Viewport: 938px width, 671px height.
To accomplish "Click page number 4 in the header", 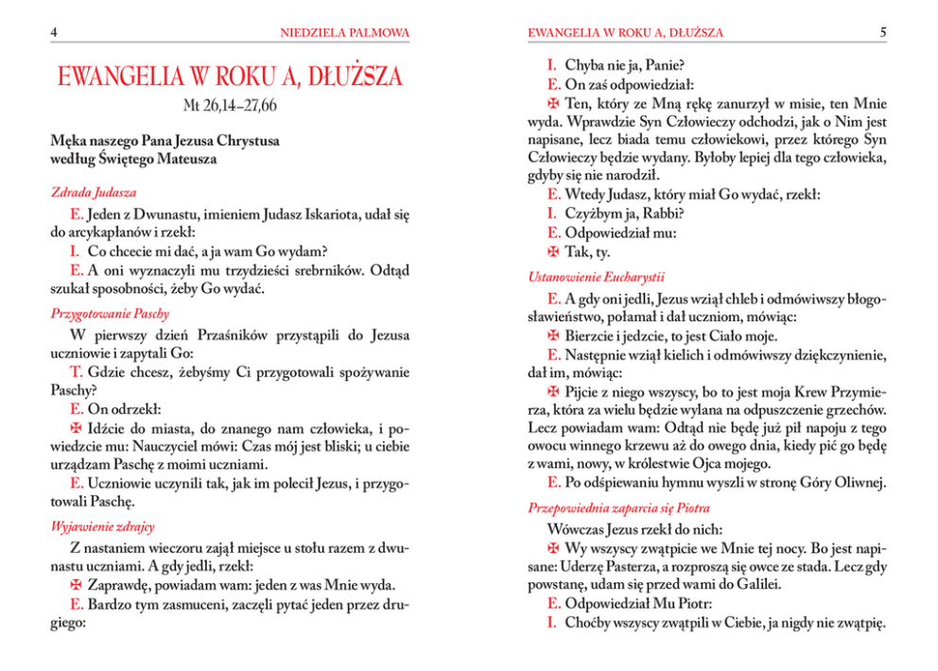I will pyautogui.click(x=56, y=33).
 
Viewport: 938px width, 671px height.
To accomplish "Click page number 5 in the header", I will pyautogui.click(x=882, y=33).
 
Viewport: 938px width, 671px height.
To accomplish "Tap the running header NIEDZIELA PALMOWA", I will pyautogui.click(x=345, y=33).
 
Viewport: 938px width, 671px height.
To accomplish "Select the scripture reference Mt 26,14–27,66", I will pyautogui.click(x=231, y=104).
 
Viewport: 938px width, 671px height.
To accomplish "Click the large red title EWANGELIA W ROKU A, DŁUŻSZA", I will pyautogui.click(x=231, y=77).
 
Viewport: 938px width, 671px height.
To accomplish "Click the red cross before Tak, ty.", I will pyautogui.click(x=554, y=251).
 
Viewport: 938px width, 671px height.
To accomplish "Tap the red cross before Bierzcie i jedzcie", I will pyautogui.click(x=554, y=336).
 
